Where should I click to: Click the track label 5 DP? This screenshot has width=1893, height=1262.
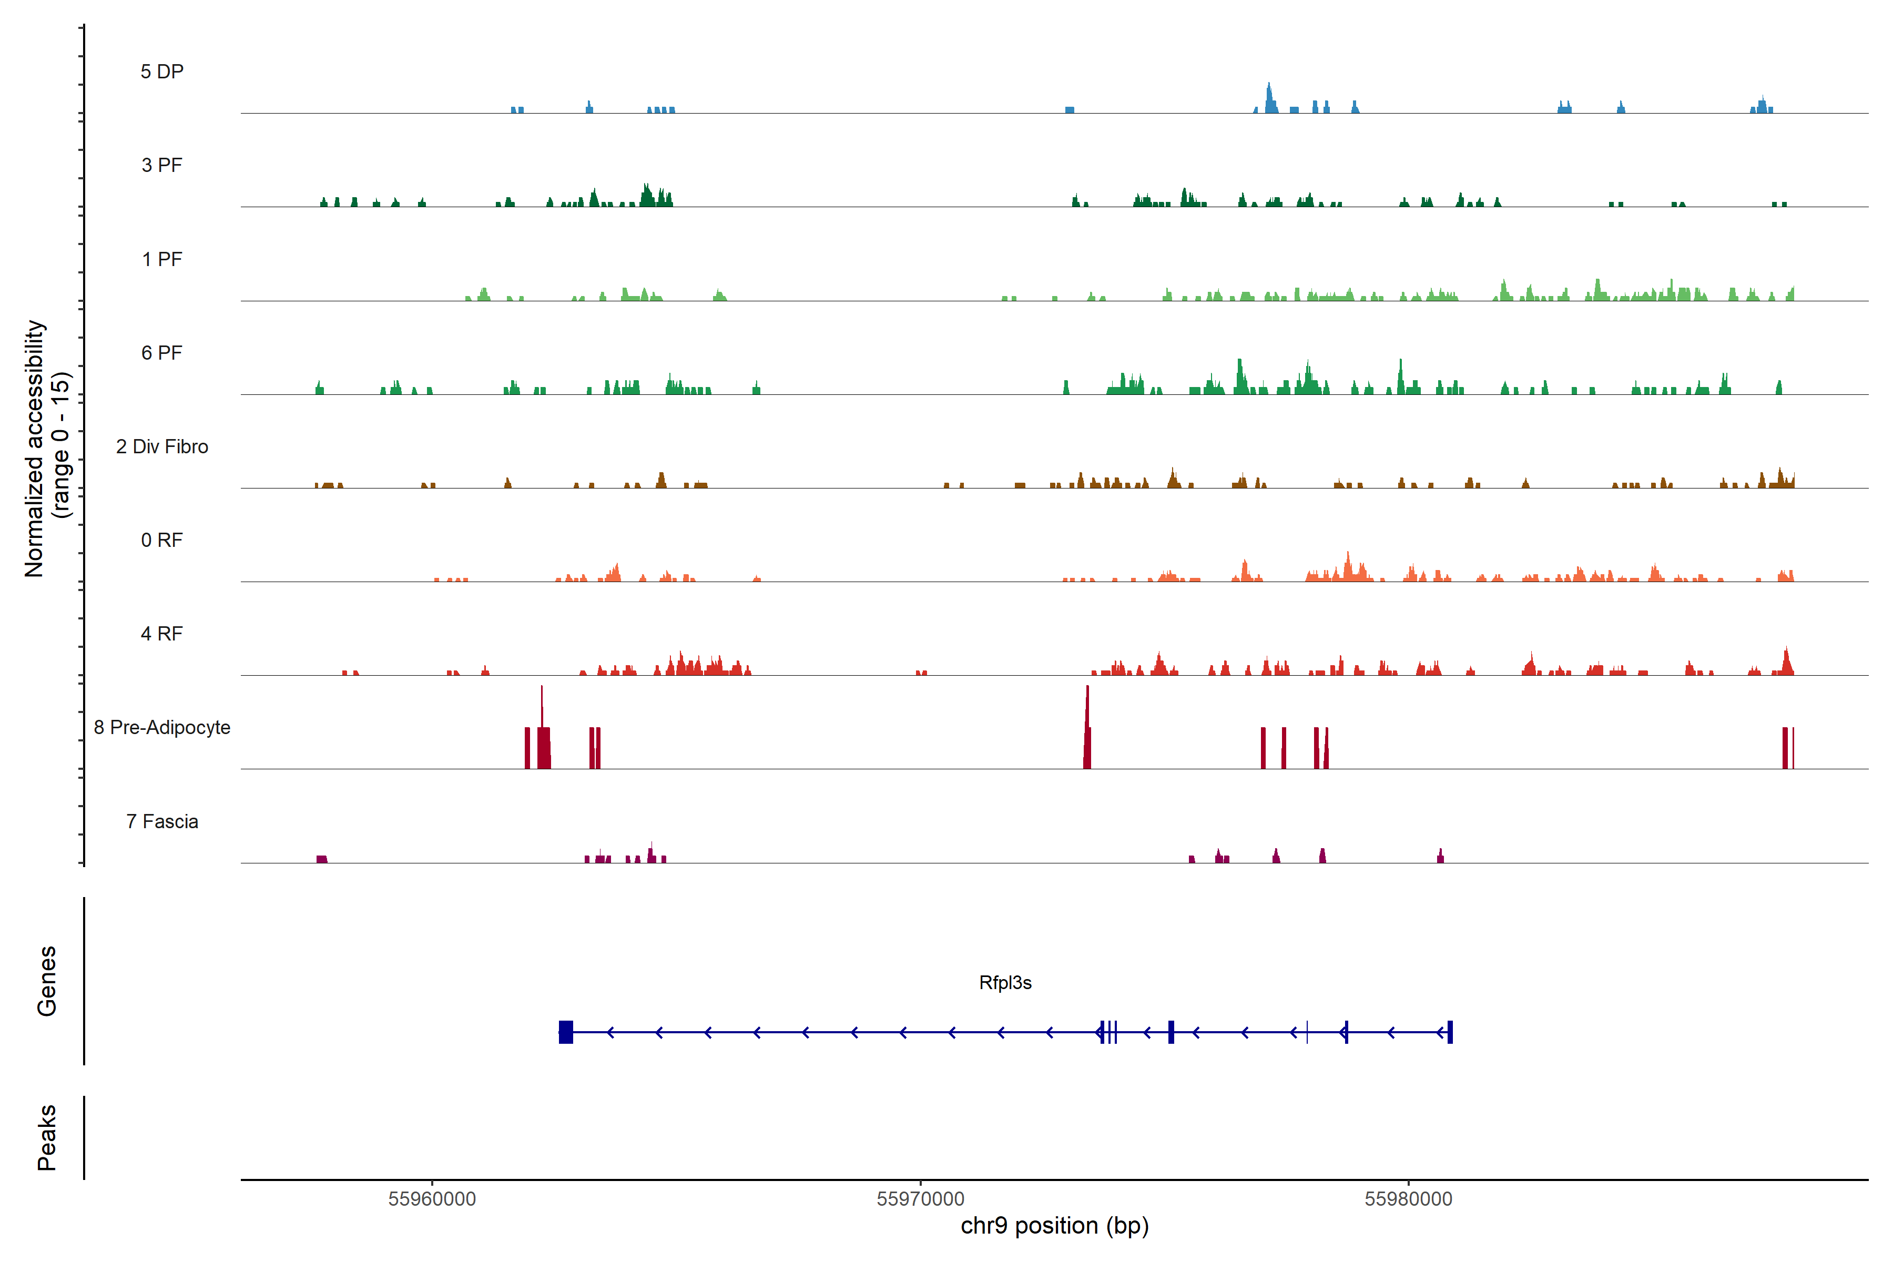(162, 72)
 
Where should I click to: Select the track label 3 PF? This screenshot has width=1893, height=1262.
(162, 165)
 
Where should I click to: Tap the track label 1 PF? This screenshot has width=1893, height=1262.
(162, 259)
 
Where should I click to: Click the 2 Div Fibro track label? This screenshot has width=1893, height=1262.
(162, 446)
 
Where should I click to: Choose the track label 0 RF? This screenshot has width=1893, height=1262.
(162, 540)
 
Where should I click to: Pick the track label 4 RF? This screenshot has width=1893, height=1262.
(162, 634)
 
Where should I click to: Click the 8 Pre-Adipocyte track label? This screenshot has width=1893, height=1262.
(162, 728)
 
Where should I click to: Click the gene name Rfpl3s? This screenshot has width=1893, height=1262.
(1005, 983)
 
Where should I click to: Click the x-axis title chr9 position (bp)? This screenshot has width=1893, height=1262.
(1054, 1226)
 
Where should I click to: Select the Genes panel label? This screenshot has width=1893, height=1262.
(47, 981)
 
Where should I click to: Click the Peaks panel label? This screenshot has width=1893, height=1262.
(47, 1137)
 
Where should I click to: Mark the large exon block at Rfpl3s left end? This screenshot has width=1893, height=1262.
(566, 1032)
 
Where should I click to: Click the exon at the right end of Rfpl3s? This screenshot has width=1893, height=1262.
(1450, 1032)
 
